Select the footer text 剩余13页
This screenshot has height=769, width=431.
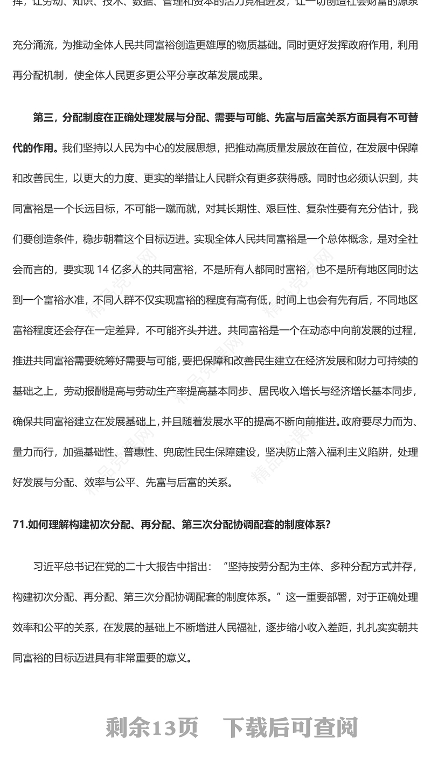(152, 728)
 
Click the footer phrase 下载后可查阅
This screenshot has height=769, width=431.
(290, 728)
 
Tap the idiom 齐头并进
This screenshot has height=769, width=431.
(194, 329)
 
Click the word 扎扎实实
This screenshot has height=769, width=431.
(379, 627)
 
